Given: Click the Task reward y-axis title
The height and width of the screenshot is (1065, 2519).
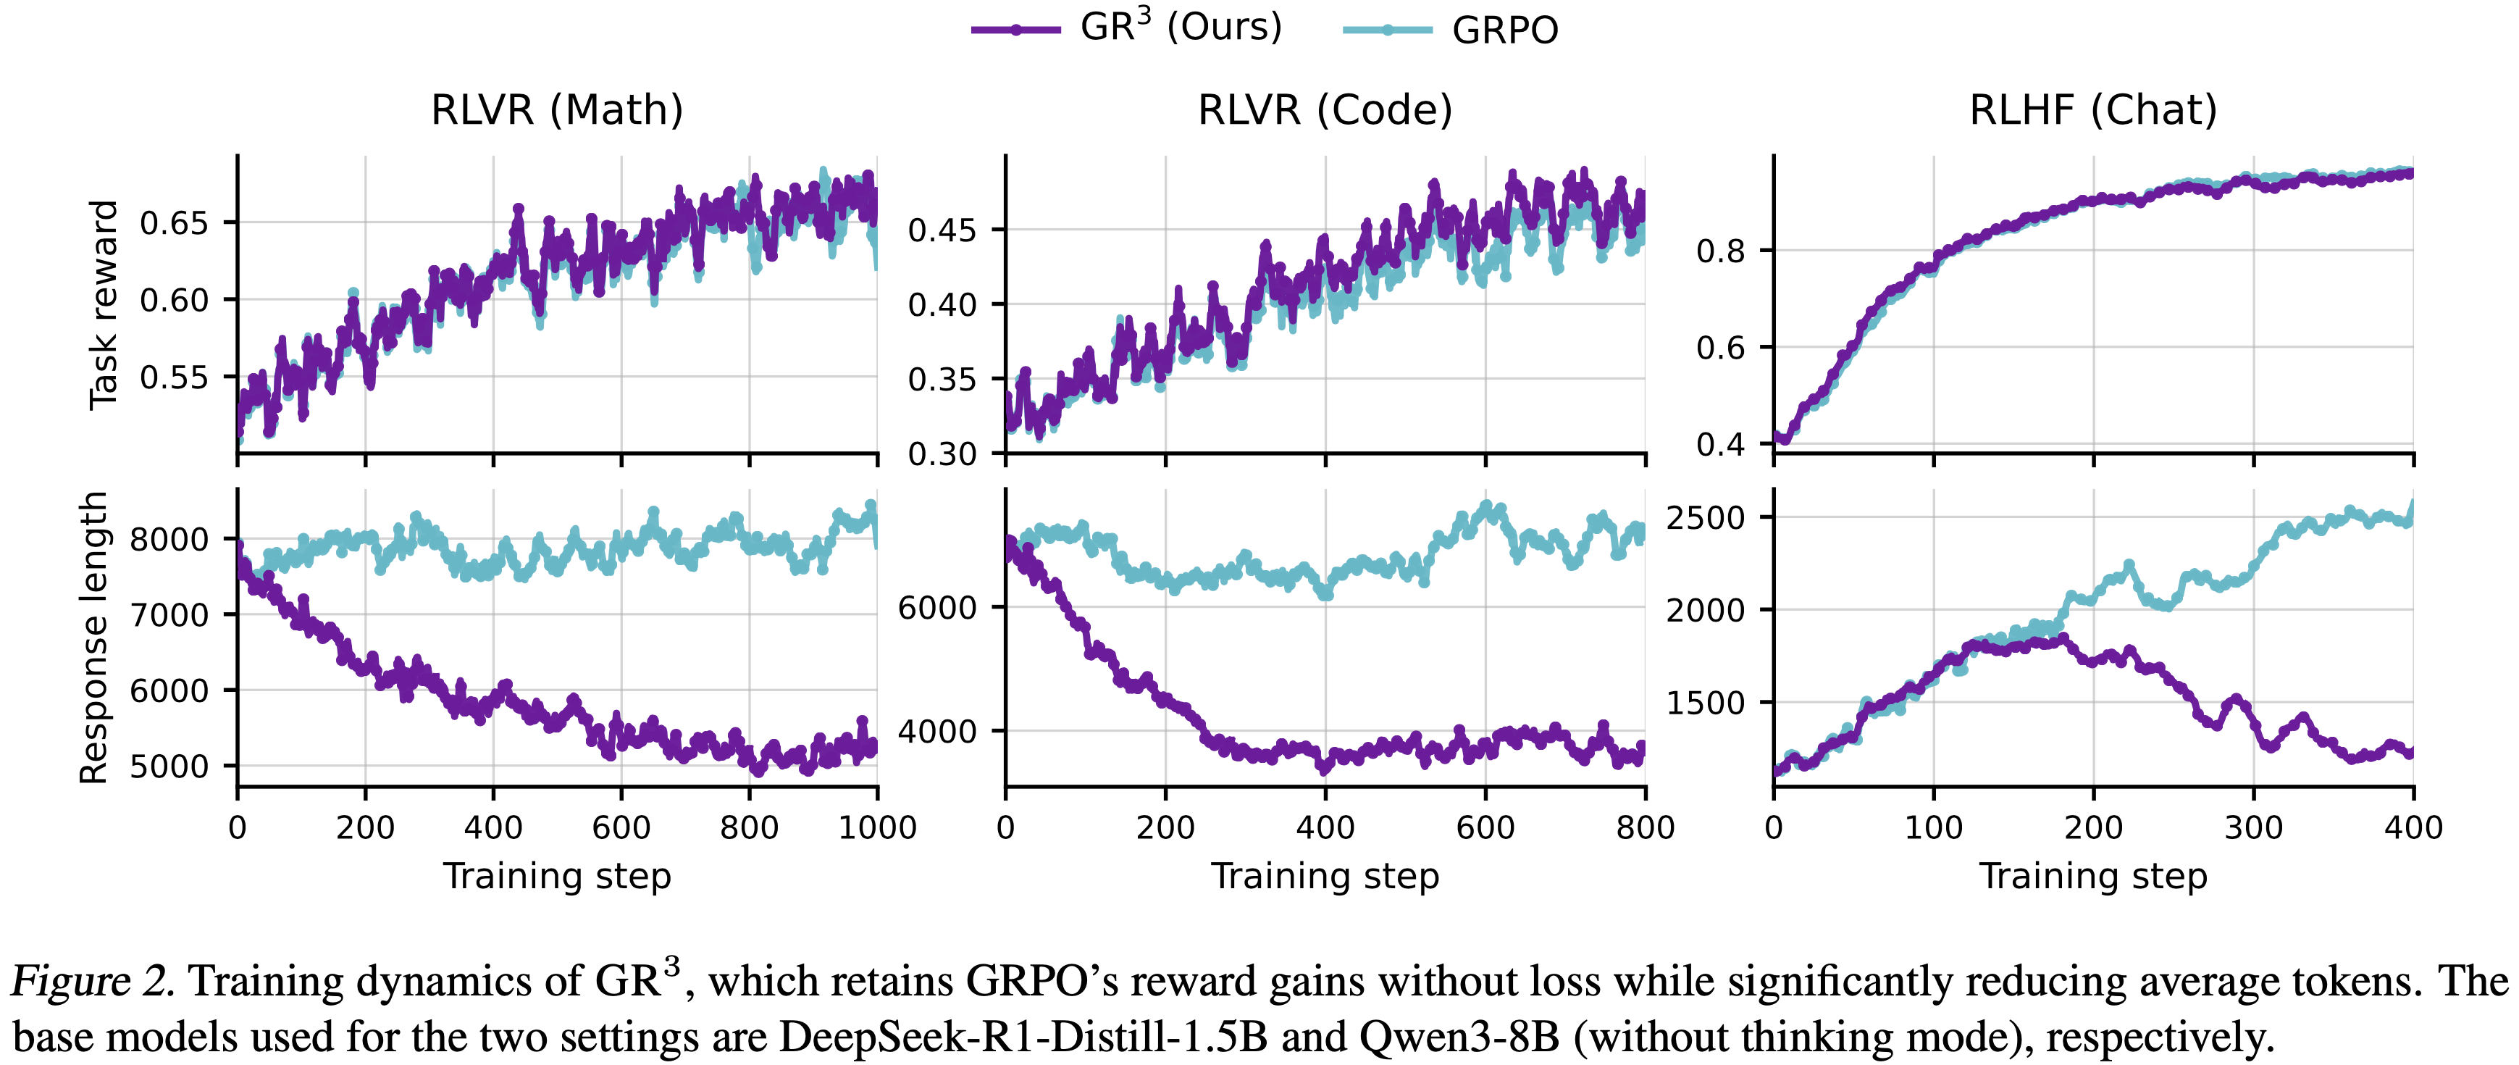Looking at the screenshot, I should click(x=103, y=305).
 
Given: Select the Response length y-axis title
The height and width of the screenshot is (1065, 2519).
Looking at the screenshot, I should click(x=94, y=638).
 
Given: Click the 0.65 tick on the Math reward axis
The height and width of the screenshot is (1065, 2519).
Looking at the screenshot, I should click(x=174, y=223).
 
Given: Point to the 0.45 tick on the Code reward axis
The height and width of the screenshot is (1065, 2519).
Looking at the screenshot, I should click(x=942, y=231).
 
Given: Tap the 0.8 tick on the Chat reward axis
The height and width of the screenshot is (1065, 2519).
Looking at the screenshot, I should click(x=1720, y=251).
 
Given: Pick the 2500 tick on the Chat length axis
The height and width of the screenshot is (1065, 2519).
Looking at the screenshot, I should click(x=1706, y=517).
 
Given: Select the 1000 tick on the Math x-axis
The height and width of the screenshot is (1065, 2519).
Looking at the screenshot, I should click(x=877, y=828).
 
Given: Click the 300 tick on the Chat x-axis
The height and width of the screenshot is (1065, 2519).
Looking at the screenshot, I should click(x=2253, y=828).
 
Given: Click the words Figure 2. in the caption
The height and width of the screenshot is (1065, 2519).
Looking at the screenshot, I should click(x=93, y=981).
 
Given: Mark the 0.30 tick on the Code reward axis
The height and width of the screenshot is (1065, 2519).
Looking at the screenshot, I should click(x=942, y=454).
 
